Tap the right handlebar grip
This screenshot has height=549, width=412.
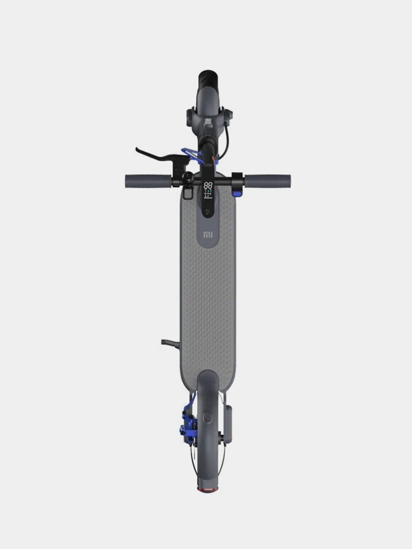tap(268, 181)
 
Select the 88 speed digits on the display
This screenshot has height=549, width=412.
tap(208, 186)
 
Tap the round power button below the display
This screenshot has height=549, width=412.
tap(208, 212)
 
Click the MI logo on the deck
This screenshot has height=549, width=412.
tap(208, 235)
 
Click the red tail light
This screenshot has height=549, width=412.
tap(208, 489)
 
